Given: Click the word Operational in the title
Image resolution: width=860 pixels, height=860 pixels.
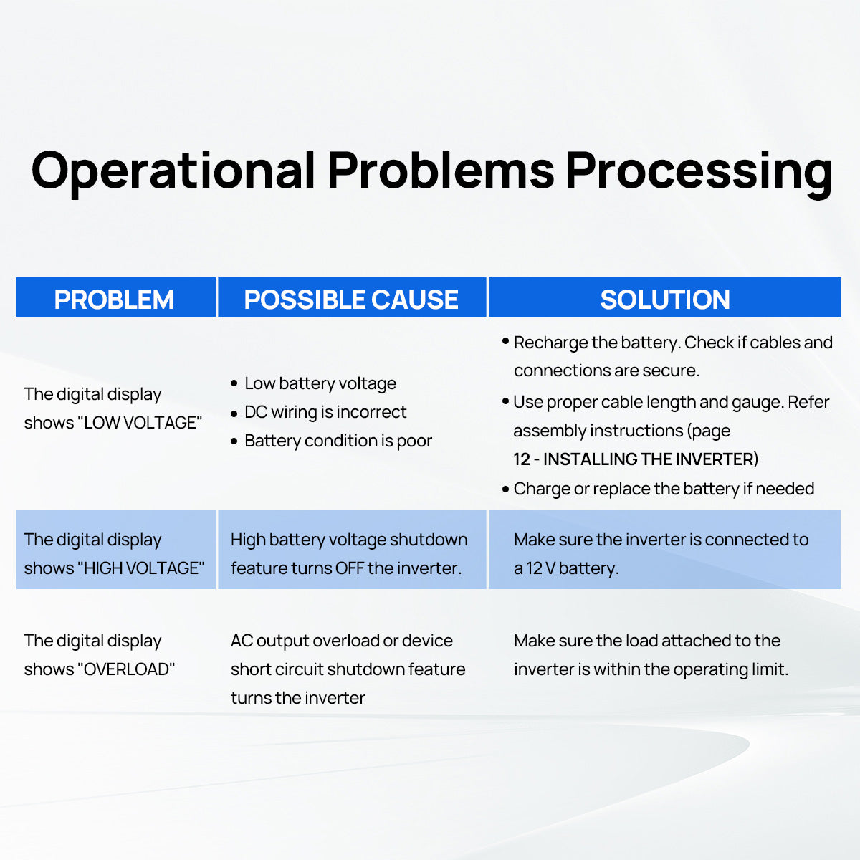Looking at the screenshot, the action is [173, 171].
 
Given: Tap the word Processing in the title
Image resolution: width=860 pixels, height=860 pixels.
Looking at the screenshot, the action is [699, 172].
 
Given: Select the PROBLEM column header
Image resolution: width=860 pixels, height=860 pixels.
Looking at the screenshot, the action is [114, 299].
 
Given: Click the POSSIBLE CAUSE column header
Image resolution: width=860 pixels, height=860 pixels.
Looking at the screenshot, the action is [351, 299].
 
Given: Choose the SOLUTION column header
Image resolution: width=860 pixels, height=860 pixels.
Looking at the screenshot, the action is [665, 299].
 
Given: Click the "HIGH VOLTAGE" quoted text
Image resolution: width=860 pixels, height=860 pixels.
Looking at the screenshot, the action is [140, 568].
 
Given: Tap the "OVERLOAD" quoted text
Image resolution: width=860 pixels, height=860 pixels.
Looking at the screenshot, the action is [126, 669].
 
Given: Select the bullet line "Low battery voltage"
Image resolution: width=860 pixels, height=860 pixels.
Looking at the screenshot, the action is [320, 383].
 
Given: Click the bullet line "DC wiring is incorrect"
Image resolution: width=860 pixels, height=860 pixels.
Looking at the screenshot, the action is [325, 412].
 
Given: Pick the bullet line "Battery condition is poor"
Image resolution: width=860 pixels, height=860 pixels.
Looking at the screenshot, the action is [338, 441].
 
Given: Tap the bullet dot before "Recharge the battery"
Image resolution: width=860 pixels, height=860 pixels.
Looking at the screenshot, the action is [506, 341].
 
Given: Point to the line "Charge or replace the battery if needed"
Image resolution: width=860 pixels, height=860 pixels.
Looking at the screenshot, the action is [664, 489].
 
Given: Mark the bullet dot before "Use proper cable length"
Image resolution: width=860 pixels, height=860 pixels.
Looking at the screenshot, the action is [506, 401].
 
